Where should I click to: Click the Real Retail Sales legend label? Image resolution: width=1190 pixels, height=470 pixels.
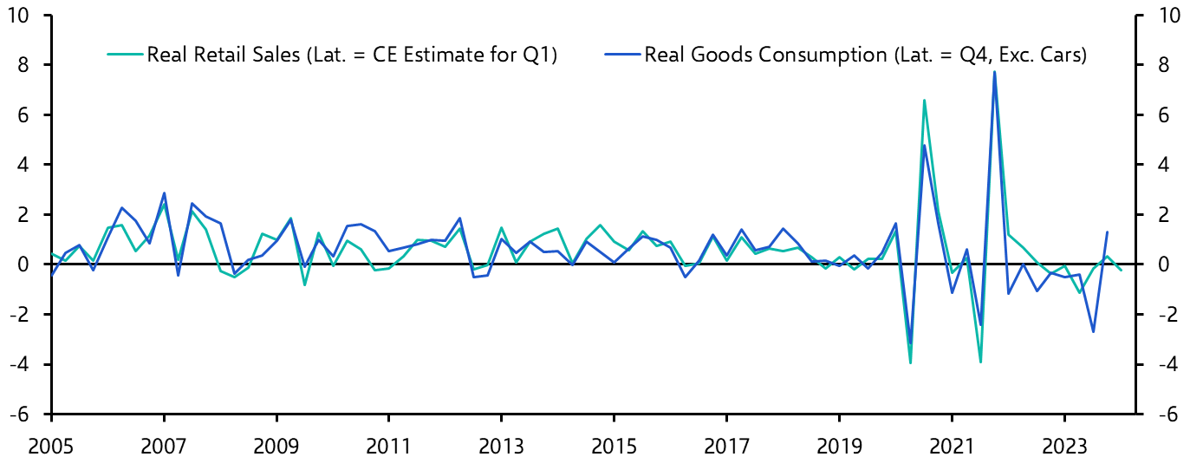click(352, 55)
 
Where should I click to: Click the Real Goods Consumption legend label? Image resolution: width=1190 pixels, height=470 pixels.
click(864, 55)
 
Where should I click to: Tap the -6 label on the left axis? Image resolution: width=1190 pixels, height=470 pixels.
click(29, 414)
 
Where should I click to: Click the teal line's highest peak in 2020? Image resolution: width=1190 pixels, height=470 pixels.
click(924, 100)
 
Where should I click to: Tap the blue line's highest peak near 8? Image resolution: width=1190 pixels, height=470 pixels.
click(994, 71)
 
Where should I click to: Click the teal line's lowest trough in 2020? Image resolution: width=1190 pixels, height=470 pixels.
click(910, 362)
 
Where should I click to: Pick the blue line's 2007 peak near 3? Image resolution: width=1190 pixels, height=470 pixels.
click(164, 193)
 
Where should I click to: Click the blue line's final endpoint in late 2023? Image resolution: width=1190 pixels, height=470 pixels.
click(1107, 232)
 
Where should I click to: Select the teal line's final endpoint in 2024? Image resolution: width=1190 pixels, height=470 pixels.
click(1122, 271)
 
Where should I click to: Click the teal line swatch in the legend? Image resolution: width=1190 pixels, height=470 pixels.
click(124, 55)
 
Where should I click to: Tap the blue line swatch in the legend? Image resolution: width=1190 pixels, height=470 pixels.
click(621, 55)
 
